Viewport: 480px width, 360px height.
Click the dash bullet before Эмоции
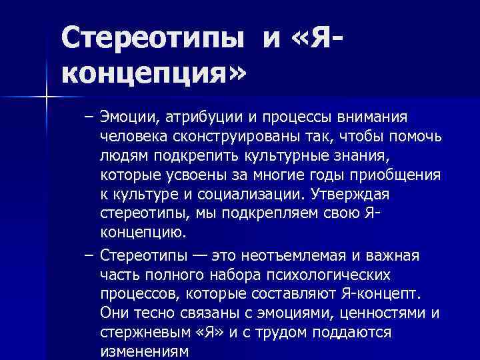point(89,118)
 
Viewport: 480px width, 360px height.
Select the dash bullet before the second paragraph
point(89,257)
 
